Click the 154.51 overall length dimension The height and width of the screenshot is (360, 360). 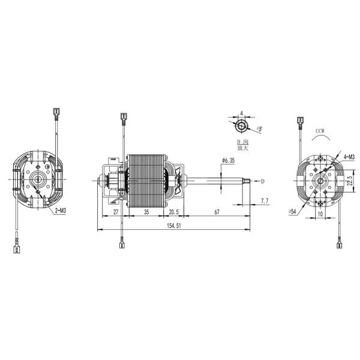[174, 226]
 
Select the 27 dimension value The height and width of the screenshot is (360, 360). [116, 212]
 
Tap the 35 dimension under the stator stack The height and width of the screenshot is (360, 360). [146, 212]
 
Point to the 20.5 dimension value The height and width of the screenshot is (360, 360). [173, 212]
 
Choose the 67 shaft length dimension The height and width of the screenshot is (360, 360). [217, 212]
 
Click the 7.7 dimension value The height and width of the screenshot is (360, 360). [265, 201]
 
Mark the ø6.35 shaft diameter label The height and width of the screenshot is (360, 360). [228, 160]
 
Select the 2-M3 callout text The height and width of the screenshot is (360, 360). [61, 211]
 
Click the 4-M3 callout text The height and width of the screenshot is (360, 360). [349, 157]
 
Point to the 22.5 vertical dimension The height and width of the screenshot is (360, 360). [350, 181]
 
